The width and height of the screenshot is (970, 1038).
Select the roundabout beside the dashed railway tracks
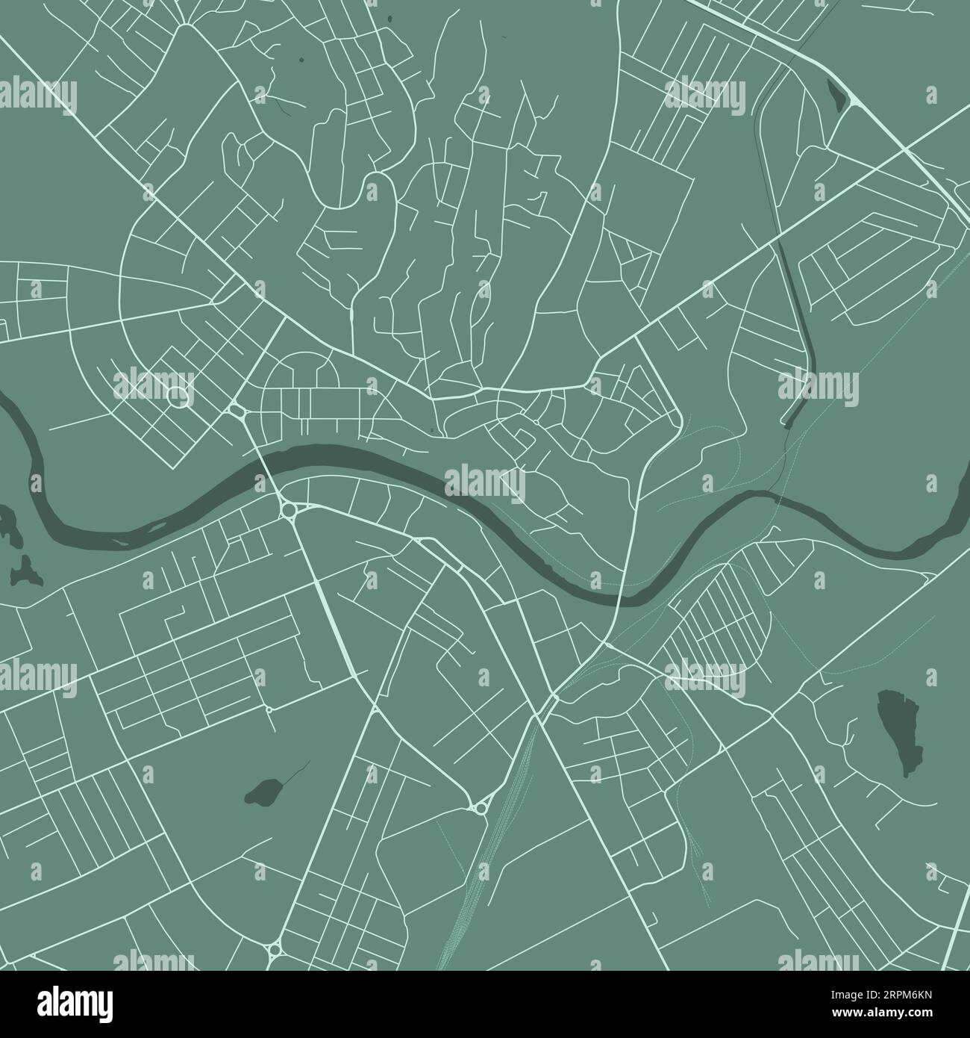point(478,807)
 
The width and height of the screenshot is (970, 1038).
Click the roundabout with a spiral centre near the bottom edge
point(274,949)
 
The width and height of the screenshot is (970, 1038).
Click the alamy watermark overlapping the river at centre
point(485,482)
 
